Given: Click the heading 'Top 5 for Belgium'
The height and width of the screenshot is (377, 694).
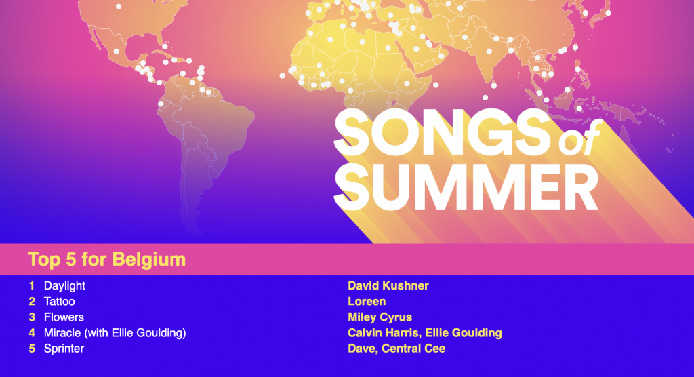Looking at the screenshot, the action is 106,260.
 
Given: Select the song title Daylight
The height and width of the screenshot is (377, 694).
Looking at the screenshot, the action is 64,286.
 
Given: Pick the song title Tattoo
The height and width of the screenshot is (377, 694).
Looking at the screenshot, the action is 60,302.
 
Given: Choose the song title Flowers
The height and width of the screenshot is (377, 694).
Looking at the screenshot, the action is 64,317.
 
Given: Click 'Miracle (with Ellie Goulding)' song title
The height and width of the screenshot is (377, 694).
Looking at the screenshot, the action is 115,333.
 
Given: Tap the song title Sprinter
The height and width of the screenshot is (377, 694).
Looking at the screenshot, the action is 64,349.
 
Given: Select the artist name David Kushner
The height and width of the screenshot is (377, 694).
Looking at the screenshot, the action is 388,285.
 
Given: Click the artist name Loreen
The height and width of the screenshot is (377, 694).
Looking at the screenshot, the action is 367,302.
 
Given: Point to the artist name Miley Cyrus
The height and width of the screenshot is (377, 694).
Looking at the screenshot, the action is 380,317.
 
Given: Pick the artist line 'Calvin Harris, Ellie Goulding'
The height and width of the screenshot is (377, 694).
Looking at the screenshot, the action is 425,333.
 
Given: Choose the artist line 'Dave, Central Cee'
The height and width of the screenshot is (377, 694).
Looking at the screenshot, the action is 396,349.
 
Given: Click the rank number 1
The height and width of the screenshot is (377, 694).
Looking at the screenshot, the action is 31,285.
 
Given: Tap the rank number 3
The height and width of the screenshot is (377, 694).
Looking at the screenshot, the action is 32,317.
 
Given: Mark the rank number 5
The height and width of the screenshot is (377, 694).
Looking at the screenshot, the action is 32,349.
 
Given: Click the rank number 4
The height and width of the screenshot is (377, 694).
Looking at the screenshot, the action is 32,333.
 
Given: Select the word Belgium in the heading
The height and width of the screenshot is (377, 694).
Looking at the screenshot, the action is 148,260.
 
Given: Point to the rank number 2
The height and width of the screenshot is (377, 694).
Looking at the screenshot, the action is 32,302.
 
